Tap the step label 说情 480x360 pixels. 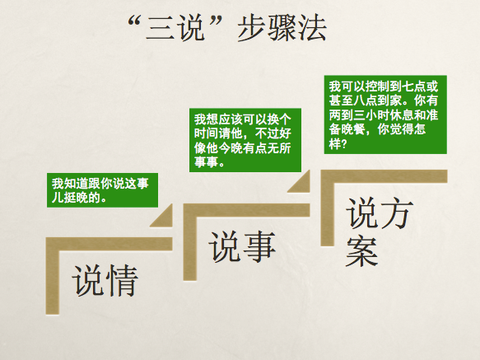[104, 281]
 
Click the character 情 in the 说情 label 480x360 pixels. [121, 281]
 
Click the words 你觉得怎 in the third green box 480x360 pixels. [406, 129]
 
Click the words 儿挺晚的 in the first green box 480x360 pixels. [78, 199]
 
